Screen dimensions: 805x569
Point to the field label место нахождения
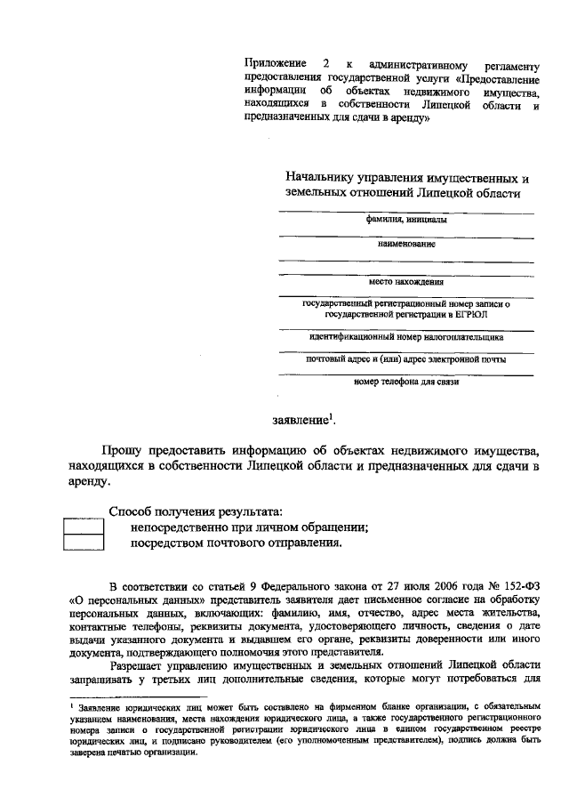[x=406, y=283]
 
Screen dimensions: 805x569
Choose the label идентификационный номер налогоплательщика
[x=406, y=337]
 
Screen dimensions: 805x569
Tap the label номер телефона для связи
[x=406, y=382]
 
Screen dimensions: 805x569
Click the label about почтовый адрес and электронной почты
[x=406, y=360]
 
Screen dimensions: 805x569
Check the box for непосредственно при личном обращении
[x=84, y=527]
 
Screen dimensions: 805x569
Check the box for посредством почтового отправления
[x=84, y=543]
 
